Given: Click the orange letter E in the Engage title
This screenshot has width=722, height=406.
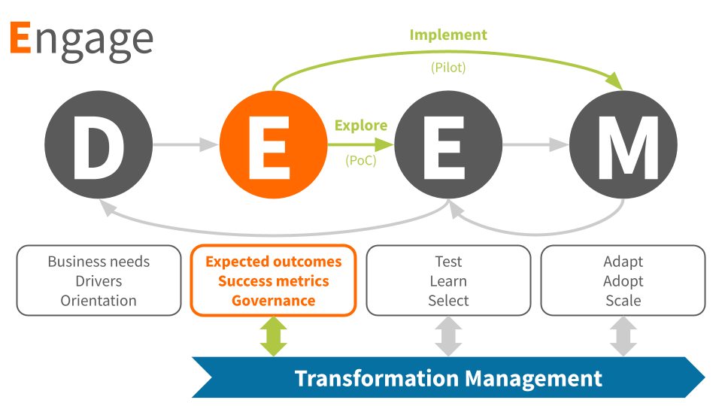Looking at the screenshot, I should tap(20, 39).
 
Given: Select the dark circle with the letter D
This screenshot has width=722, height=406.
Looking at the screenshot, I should tap(99, 145).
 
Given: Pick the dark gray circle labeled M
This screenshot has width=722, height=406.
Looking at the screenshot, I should tap(623, 145).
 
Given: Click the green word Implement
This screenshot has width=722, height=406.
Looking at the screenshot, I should tap(448, 35).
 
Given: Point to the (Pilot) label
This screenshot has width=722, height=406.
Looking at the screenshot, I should tap(448, 68).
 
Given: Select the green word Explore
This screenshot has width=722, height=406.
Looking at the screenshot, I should tap(361, 126).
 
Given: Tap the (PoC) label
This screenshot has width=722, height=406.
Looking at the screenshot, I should tap(361, 160).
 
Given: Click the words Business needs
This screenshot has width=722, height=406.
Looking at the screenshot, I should tap(99, 262).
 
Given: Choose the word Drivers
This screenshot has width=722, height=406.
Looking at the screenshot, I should tap(99, 281).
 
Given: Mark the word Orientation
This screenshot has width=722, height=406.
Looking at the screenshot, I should tap(99, 301).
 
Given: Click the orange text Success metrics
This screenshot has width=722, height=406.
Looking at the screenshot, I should tap(274, 281).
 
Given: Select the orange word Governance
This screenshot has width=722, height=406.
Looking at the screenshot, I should tap(274, 301).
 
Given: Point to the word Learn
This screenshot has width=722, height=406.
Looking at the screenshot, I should tap(448, 281).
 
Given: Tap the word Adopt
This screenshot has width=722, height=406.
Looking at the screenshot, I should tap(623, 281).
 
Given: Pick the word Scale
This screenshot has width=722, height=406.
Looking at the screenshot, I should tap(623, 301).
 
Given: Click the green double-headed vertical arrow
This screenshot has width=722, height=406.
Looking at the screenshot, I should tap(274, 336).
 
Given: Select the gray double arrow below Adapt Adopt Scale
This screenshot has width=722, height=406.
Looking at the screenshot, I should tap(623, 336).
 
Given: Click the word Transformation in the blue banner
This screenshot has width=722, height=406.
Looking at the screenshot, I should tap(375, 378).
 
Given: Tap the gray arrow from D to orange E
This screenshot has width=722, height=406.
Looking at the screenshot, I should tap(185, 145).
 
